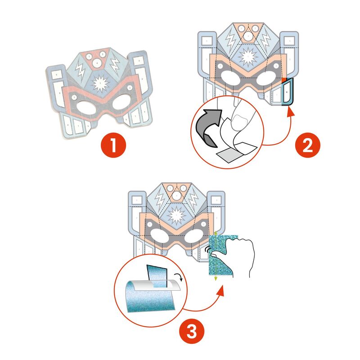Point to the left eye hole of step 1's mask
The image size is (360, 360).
[x=86, y=108]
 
